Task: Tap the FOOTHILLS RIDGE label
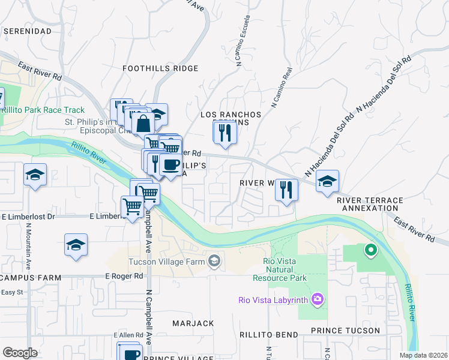tap(160, 68)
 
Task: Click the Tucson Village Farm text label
tap(166, 262)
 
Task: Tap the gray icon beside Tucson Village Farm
tap(214, 261)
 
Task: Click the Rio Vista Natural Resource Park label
tap(285, 269)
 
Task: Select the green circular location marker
tap(370, 250)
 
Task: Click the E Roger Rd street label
tap(124, 276)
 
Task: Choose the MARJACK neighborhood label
tap(193, 323)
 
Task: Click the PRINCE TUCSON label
tap(345, 331)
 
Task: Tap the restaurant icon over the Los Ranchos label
tap(225, 132)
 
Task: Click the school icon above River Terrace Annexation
tap(327, 181)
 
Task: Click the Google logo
tap(20, 353)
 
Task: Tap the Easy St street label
tap(11, 292)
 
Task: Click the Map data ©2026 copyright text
tap(423, 355)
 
